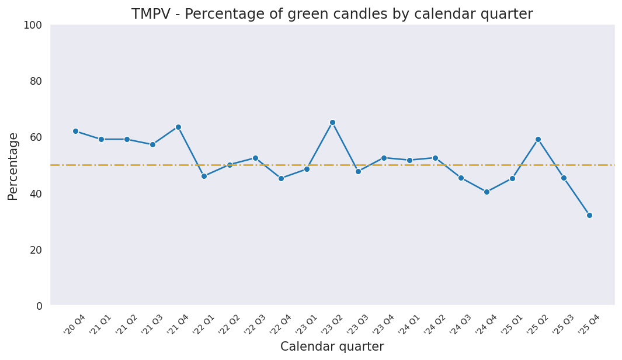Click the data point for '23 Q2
(x=332, y=123)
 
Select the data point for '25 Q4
(x=589, y=215)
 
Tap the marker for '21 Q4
(x=178, y=127)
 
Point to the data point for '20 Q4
(x=75, y=131)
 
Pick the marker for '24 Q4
(x=487, y=192)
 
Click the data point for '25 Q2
(x=538, y=139)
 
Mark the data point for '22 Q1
(x=204, y=176)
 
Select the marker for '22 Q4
(x=281, y=178)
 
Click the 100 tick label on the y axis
(x=33, y=25)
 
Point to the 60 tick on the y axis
(x=36, y=137)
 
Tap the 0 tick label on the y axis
(x=39, y=306)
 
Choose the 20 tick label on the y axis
(x=36, y=250)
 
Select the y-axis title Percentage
(x=13, y=166)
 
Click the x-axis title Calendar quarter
(x=332, y=347)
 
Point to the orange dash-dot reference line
(x=409, y=165)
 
